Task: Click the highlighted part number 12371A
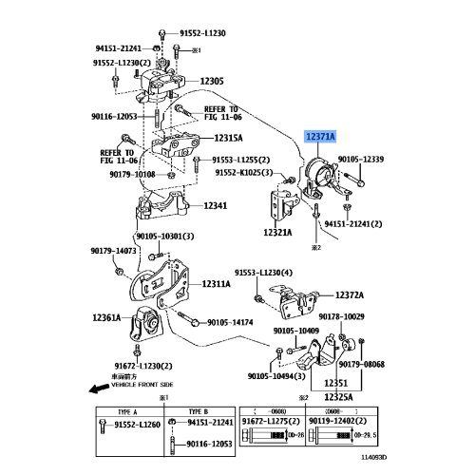(x=319, y=137)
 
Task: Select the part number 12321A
(x=277, y=232)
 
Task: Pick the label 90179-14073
(x=111, y=251)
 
